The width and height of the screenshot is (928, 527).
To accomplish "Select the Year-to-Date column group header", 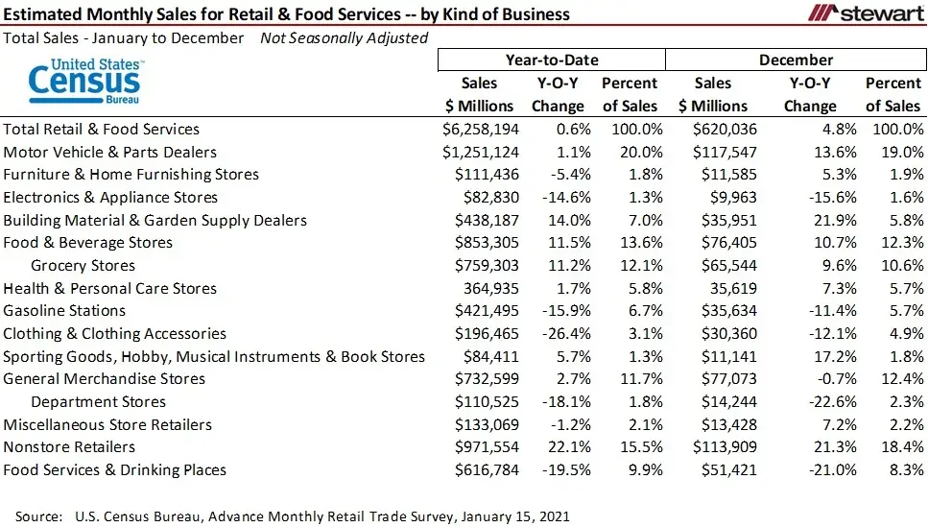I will click(551, 60).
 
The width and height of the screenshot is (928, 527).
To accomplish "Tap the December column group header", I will click(796, 60).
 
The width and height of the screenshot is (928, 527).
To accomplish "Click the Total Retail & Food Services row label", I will click(102, 129).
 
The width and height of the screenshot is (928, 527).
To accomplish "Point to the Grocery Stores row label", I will click(83, 266).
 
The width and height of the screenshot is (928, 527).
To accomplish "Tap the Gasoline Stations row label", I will click(64, 311).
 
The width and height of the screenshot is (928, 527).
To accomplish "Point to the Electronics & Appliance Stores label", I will click(110, 198).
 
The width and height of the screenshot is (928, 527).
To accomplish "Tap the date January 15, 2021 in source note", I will click(514, 516).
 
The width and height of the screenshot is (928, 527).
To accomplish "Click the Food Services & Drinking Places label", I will click(115, 470).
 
